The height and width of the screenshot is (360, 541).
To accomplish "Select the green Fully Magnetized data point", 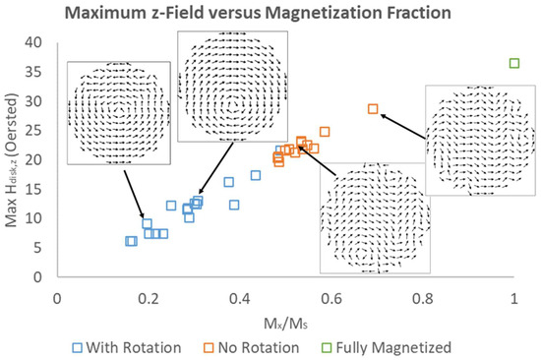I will tap(514, 64).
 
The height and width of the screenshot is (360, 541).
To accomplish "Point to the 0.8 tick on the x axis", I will tap(423, 295).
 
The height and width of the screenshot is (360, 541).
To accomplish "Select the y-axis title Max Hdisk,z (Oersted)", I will tap(14, 157).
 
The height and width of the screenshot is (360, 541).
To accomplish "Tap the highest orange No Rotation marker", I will tap(373, 109).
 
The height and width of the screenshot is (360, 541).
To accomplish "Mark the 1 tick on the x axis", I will tap(514, 295).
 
